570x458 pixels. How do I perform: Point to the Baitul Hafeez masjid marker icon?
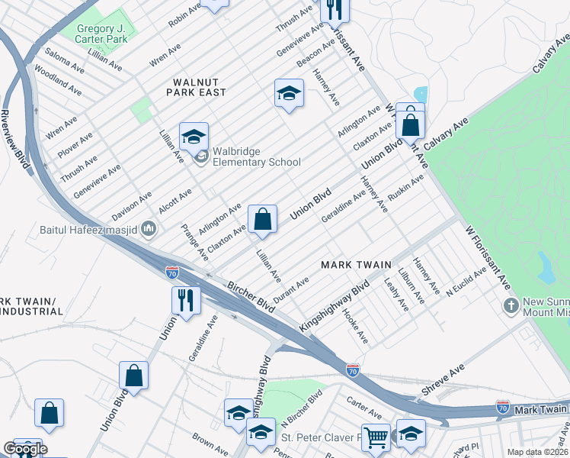pos(149,228)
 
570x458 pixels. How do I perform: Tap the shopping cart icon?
pos(376,437)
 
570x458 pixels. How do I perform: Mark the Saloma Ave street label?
pos(63,60)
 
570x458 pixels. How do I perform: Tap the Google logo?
pos(25,449)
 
